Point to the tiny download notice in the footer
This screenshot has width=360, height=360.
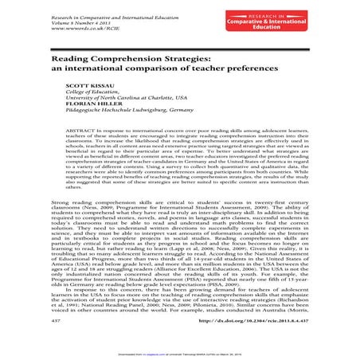coord(181,352)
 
